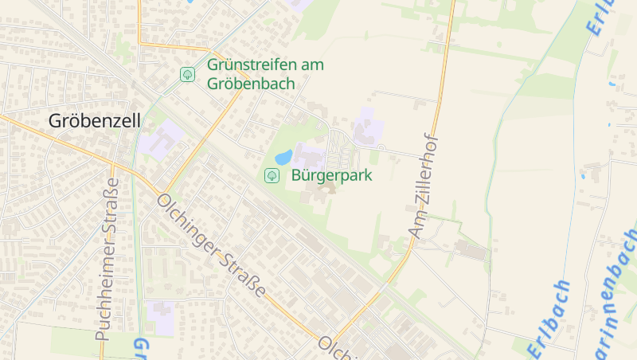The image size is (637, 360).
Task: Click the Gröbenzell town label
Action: tap(94, 121)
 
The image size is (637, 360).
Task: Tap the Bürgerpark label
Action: tap(331, 175)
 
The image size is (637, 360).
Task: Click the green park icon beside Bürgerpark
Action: tap(272, 175)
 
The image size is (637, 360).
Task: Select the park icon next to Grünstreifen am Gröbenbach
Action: tap(187, 75)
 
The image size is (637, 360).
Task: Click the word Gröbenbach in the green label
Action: tap(251, 84)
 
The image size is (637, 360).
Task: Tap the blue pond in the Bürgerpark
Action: tap(283, 156)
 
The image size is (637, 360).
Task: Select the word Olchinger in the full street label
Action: tap(190, 227)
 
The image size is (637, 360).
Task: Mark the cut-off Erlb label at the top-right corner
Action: tap(603, 16)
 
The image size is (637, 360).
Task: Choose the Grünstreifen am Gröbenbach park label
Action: tap(265, 74)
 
